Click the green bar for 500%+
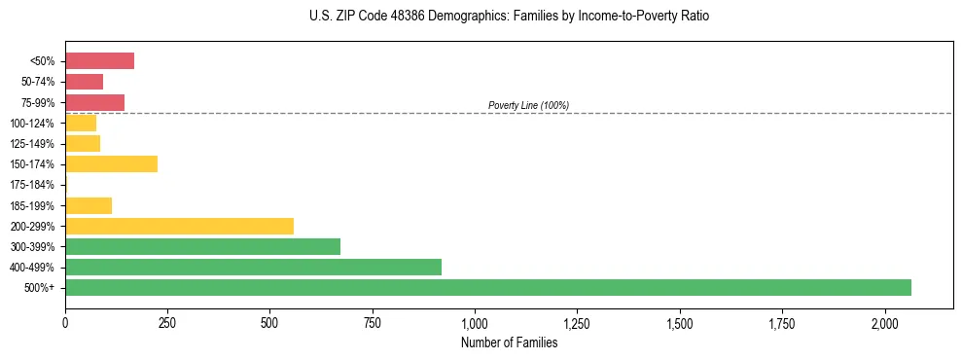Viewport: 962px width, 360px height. click(487, 287)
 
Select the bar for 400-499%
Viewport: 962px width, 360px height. click(253, 267)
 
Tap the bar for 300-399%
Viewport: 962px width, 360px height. click(202, 246)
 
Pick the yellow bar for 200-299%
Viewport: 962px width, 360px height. click(179, 226)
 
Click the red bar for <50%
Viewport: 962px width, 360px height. click(99, 61)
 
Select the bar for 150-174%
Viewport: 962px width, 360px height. click(111, 164)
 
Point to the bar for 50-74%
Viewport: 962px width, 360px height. click(84, 82)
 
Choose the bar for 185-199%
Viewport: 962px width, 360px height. click(89, 205)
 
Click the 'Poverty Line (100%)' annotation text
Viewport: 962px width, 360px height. click(528, 105)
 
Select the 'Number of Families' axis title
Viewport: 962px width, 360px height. click(509, 342)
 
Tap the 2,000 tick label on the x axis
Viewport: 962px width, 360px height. click(884, 322)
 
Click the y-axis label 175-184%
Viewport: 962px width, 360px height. click(33, 185)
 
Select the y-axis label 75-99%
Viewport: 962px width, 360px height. click(37, 103)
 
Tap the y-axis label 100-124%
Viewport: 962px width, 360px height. click(33, 124)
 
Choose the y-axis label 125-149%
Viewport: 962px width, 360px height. click(33, 144)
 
